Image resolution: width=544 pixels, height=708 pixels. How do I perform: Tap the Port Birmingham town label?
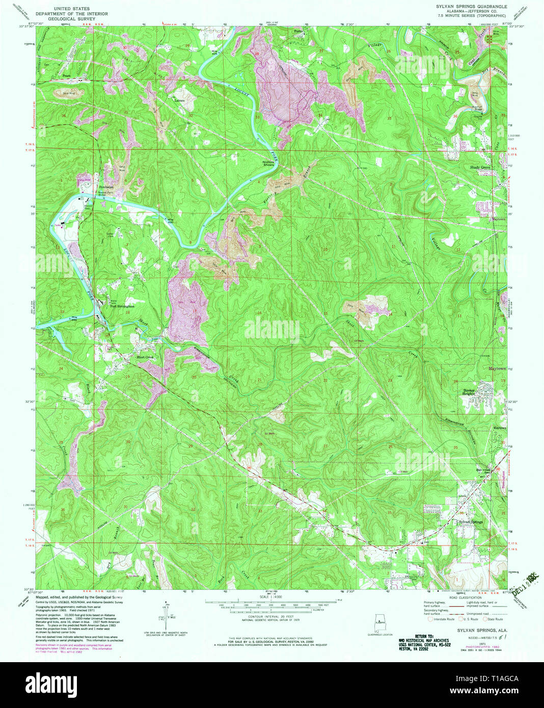122,307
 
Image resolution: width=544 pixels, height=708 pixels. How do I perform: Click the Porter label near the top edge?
299,31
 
